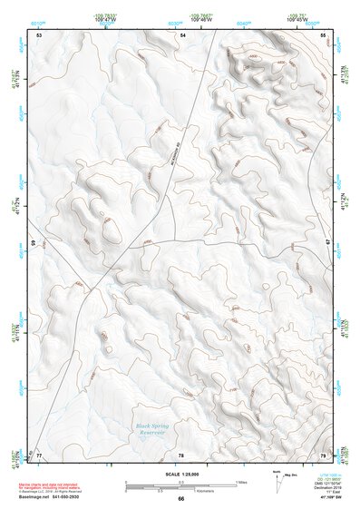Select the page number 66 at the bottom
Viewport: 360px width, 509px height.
click(x=180, y=499)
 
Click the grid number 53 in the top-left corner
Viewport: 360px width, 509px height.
click(x=40, y=34)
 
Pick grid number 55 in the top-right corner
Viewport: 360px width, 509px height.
click(x=323, y=34)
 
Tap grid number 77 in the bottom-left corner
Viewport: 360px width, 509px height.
click(x=40, y=454)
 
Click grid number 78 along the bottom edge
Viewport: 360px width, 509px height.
click(x=180, y=454)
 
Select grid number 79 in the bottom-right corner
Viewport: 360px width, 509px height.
click(x=323, y=454)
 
